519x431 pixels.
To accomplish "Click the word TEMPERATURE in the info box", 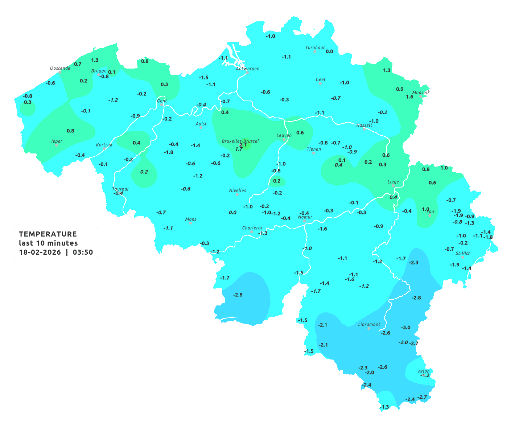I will pos(48,234).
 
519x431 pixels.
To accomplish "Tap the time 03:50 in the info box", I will pos(83,253).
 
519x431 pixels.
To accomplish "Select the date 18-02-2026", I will pos(40,253).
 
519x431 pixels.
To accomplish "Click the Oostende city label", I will pos(60,68).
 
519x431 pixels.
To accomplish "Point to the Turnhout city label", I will pos(315,48).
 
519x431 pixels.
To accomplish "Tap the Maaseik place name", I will pos(421,93).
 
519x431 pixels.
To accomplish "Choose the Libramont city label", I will pos(369,324).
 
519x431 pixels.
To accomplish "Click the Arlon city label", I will pos(423,371).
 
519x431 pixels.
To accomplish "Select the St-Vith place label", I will pos(463,253).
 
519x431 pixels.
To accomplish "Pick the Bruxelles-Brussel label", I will pos(240,141).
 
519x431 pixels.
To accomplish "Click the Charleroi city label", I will pos(252,228).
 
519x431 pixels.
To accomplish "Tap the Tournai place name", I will pos(120,189).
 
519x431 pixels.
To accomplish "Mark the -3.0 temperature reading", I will pos(405,328).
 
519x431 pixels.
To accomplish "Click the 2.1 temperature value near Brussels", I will pos(243,145).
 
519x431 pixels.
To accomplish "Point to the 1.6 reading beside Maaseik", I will pos(409,97).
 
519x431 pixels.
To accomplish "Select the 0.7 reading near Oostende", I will pos(78,64).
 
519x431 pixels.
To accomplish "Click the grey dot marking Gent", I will pos(162,105).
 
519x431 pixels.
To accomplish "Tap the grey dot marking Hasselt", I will pos(364,129).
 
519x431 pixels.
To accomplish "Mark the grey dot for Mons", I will pos(190,223).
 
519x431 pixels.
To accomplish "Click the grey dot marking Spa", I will pos(430,215).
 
